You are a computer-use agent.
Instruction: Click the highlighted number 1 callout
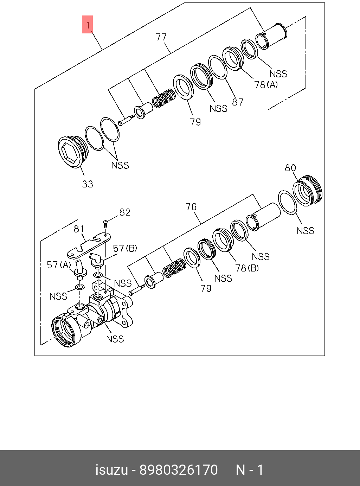coord(87,25)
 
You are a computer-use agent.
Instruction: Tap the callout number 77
coord(161,37)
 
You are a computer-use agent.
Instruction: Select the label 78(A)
coord(266,84)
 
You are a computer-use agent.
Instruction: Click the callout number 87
coord(237,102)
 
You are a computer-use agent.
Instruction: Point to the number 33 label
coord(88,184)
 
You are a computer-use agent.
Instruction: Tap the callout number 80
coord(290,168)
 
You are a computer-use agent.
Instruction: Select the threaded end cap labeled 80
coord(308,190)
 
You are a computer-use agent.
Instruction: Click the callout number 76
coord(191,207)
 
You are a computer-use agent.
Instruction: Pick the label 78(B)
coord(247,268)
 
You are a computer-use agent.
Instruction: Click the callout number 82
coord(125,212)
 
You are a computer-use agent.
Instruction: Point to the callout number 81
coord(79,229)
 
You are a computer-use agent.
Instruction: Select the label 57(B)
coord(125,248)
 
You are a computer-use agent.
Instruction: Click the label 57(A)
coord(59,264)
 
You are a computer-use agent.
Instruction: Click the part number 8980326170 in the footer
coord(179,470)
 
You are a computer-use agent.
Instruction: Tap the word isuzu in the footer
coord(111,470)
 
